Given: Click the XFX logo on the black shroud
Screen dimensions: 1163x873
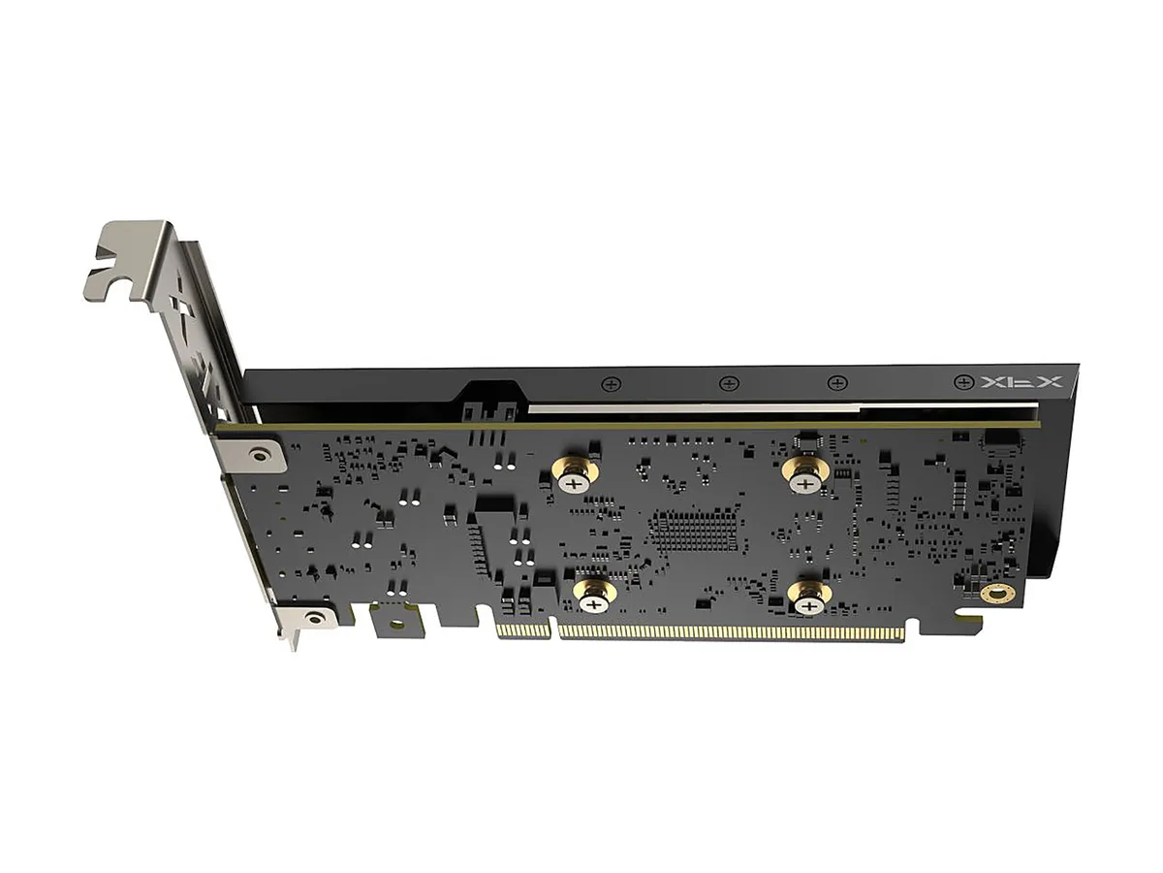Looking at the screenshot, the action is click(1021, 381).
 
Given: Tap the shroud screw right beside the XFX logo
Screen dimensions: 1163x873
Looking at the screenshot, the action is click(963, 381).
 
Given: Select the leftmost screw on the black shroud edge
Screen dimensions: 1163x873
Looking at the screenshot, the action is click(613, 384).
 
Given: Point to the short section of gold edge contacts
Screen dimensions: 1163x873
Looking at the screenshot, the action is click(524, 630).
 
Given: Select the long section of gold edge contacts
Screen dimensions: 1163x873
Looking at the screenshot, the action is click(732, 632).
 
